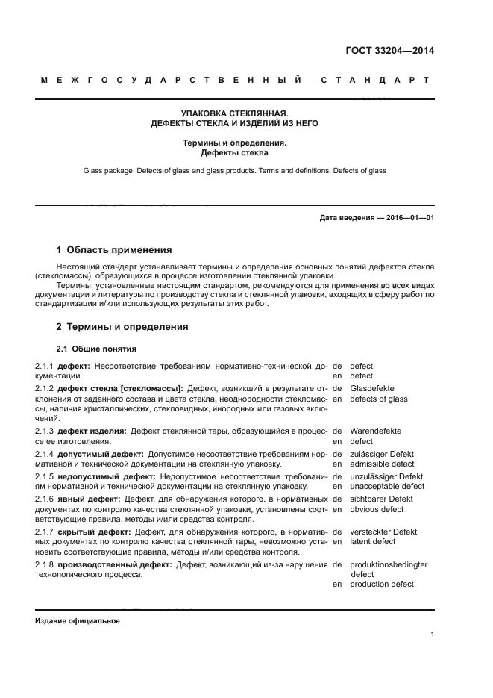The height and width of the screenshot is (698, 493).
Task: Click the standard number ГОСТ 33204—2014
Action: pos(389,51)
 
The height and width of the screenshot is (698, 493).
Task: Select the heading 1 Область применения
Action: pos(114,250)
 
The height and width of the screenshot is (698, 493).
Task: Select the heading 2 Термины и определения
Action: pos(122,327)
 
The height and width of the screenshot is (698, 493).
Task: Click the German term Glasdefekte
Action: pos(372,388)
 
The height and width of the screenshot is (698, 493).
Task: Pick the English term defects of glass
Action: pos(379,399)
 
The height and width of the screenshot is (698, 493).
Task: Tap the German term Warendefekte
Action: pos(376,431)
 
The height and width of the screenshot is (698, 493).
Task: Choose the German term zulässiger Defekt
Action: pos(382,454)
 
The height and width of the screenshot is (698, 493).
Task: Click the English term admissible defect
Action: pos(382,464)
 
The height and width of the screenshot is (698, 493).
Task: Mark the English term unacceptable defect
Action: pos(387,487)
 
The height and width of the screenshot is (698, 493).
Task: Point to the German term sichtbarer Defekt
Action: pos(381,499)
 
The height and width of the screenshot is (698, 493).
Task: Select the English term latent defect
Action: pos(373,541)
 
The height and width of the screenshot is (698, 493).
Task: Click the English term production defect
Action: pos(382,584)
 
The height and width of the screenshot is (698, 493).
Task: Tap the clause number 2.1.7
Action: pos(45,532)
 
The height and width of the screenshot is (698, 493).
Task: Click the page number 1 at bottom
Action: pos(432,635)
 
